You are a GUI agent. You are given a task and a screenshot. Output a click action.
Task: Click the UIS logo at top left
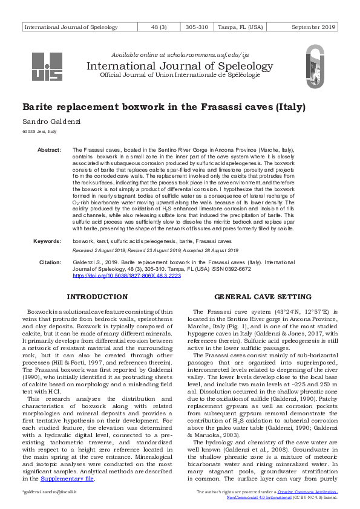click(47, 67)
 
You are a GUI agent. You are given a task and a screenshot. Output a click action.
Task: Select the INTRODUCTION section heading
click(97, 297)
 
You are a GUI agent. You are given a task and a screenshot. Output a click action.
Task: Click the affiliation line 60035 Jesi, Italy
click(39, 131)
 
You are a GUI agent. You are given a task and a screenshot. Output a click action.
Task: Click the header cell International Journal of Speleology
click(71, 27)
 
